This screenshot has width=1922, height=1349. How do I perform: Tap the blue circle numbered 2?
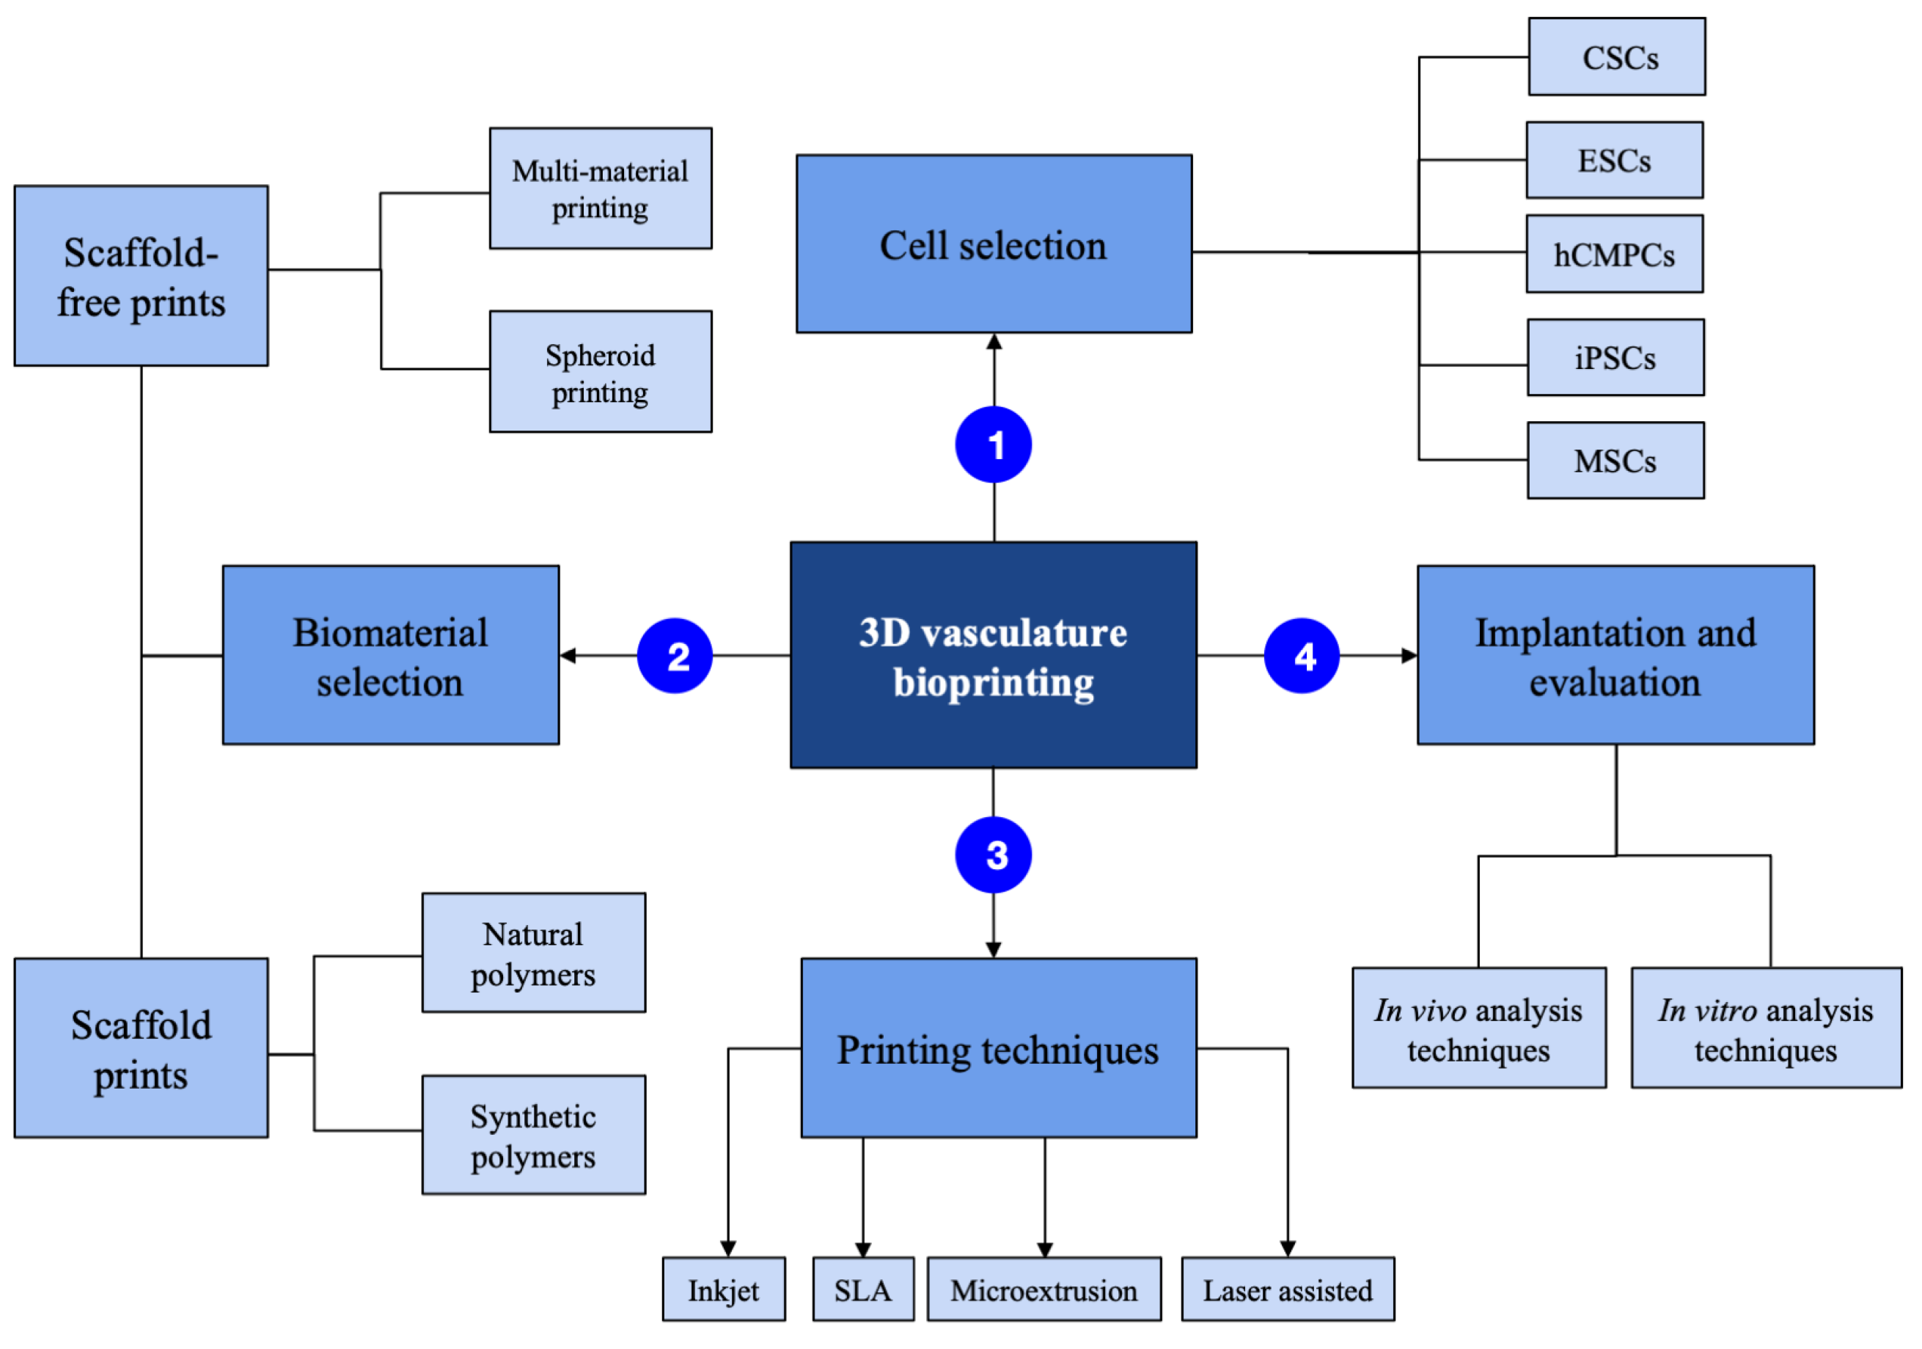click(675, 656)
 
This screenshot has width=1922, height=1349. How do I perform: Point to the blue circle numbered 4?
click(1302, 656)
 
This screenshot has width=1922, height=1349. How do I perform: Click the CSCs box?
click(1616, 57)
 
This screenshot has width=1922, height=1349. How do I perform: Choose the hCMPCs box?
click(1614, 255)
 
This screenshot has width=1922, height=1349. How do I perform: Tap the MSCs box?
click(1615, 461)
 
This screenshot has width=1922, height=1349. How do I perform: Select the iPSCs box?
click(1615, 357)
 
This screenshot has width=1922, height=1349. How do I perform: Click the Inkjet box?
click(723, 1290)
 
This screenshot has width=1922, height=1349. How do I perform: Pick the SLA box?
click(863, 1290)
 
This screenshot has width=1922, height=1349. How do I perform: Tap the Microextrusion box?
click(1044, 1290)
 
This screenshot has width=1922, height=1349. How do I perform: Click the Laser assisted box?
click(1288, 1290)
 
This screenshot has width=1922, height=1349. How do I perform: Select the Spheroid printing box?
click(600, 372)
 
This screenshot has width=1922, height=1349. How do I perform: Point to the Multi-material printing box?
click(600, 189)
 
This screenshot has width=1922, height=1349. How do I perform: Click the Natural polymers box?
click(533, 953)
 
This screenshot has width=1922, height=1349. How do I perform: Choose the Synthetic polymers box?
click(533, 1136)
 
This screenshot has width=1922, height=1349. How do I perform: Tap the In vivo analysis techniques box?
click(1478, 1028)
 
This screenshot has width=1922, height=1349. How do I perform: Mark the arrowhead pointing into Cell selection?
click(994, 342)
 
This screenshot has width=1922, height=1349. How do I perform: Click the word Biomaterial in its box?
click(390, 633)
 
